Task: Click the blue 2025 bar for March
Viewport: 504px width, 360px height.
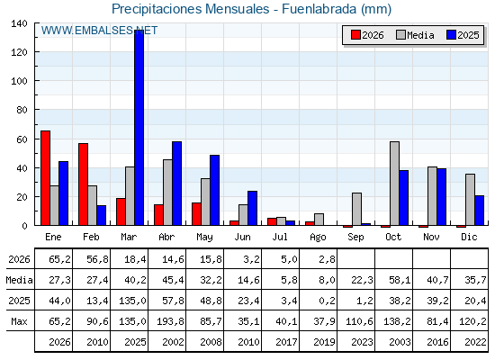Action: (x=139, y=127)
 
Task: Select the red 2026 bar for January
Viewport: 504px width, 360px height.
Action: (x=45, y=178)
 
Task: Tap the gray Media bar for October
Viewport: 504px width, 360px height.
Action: (x=395, y=184)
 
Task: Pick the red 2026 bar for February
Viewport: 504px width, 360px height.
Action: (x=83, y=184)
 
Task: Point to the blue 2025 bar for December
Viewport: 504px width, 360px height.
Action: (x=479, y=211)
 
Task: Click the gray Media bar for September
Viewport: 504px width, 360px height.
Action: (x=356, y=209)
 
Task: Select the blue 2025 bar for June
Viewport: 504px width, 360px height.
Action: (x=252, y=208)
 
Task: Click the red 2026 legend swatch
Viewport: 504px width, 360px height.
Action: (x=355, y=35)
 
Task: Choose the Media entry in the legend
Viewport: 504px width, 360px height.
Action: (x=415, y=35)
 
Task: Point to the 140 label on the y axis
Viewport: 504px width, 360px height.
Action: (x=19, y=23)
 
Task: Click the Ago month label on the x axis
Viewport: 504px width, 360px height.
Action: (x=318, y=238)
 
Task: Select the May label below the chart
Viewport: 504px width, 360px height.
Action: (x=205, y=238)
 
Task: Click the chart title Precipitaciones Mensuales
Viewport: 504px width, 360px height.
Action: (x=191, y=9)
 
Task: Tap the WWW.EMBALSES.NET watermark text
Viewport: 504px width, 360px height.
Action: (x=99, y=31)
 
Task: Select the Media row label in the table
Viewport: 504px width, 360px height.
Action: (x=19, y=280)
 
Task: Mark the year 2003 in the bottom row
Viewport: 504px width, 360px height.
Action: (x=400, y=342)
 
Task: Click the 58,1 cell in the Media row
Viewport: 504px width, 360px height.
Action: (x=400, y=280)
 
